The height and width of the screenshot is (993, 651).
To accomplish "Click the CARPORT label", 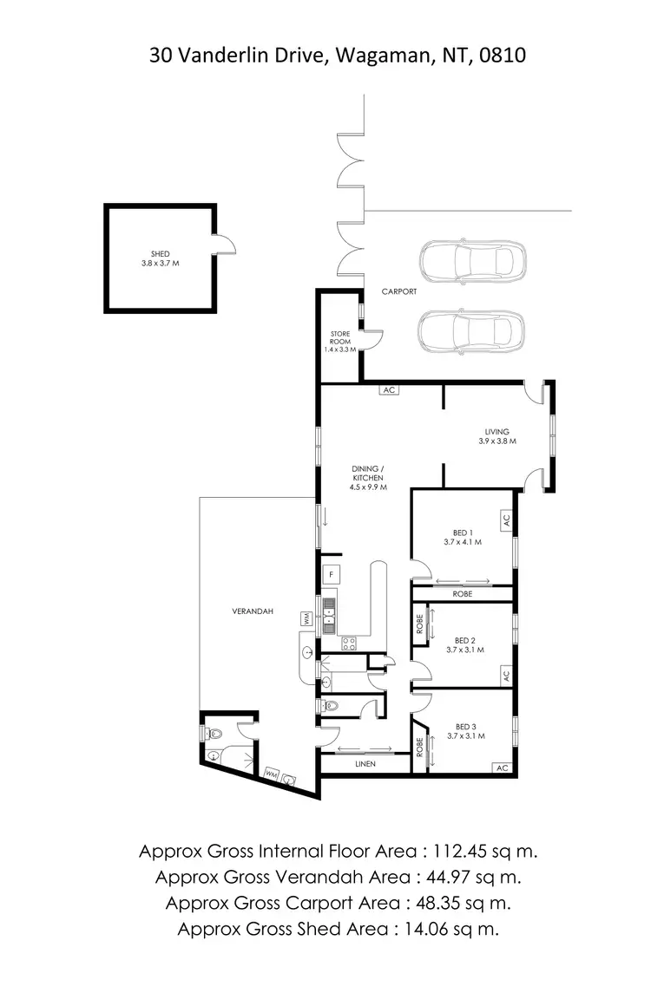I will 399,292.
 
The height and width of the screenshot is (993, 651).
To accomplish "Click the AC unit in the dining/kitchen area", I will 389,390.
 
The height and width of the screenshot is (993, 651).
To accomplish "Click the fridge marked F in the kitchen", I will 330,573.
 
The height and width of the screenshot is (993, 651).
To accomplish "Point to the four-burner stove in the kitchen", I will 348,643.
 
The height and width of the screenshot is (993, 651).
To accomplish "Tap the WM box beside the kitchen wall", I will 306,619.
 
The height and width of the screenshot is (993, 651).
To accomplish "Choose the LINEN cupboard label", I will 365,765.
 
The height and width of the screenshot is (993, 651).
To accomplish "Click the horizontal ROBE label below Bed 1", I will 463,595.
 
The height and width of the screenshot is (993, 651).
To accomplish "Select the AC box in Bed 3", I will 501,768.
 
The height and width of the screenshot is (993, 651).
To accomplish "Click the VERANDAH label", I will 253,611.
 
